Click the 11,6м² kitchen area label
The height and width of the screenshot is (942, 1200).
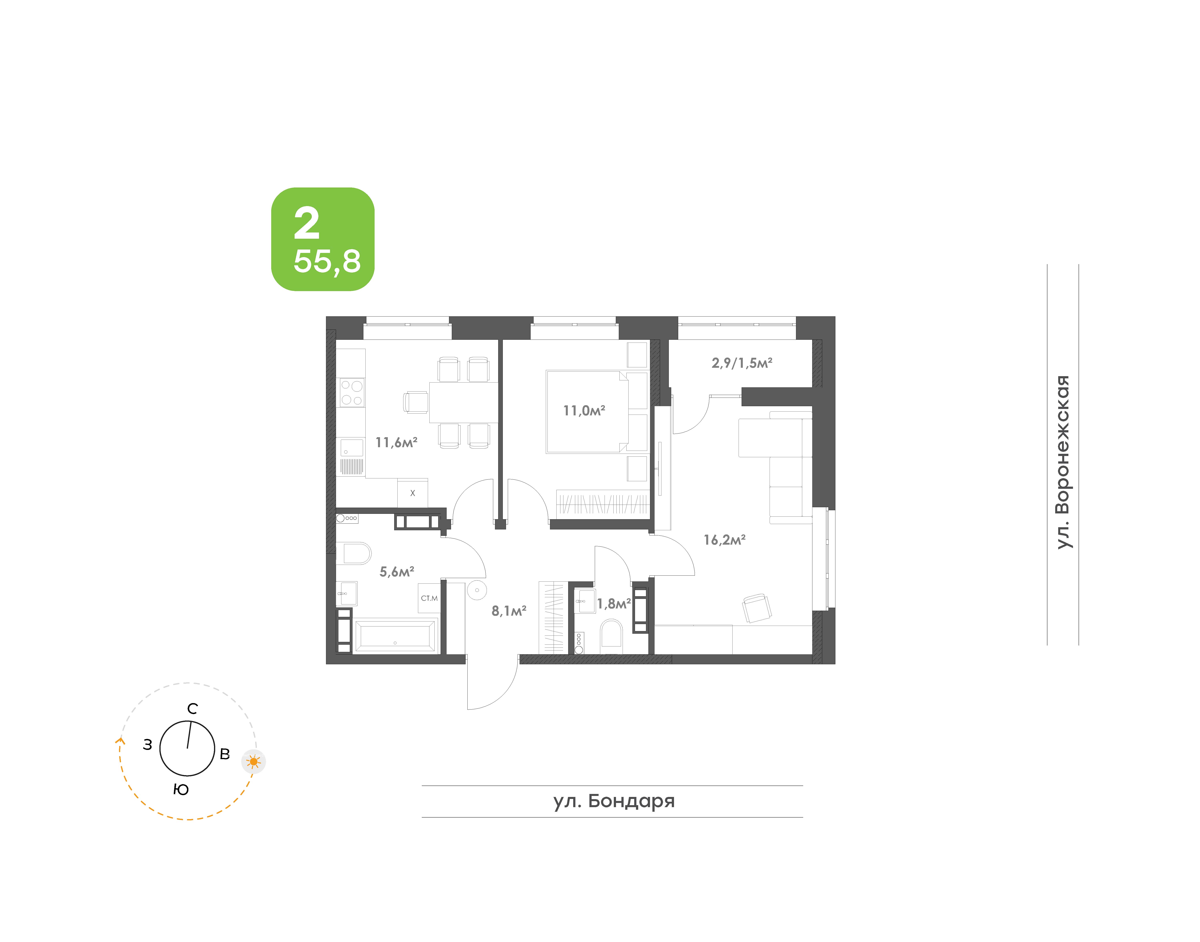point(396,442)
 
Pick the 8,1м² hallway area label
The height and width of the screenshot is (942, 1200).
point(509,610)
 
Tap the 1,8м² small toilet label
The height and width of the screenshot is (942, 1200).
point(614,604)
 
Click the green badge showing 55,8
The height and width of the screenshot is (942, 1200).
point(322,239)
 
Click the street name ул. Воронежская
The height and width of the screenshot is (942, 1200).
point(1063,462)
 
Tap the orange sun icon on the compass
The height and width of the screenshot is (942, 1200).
point(254,762)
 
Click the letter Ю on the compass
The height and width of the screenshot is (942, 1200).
point(181,790)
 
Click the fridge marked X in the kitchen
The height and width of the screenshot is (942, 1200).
point(412,493)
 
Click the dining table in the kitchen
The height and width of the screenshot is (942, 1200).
point(464,403)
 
